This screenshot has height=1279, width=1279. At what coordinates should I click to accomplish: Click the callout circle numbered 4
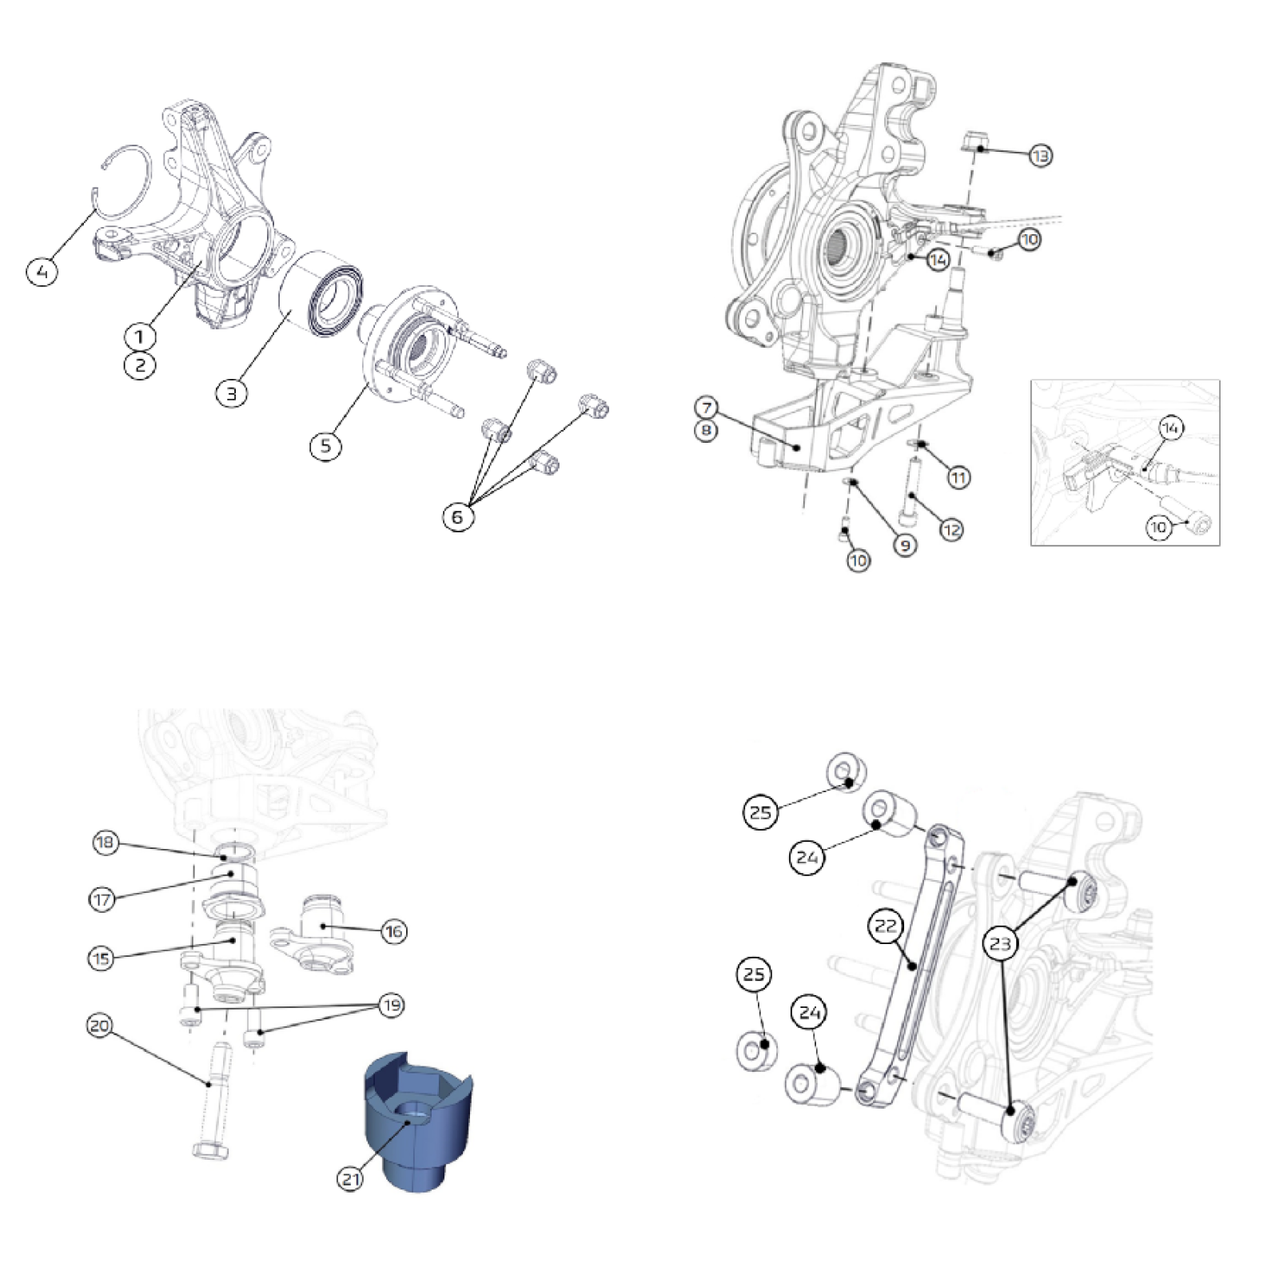(x=42, y=271)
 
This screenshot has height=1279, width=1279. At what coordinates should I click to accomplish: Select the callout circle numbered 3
(x=232, y=392)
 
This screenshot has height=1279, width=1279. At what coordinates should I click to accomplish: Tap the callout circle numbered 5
(x=325, y=445)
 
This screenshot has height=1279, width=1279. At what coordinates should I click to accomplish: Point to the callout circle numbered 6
(x=457, y=516)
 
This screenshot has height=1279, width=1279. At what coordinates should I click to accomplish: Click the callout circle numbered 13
(x=1040, y=155)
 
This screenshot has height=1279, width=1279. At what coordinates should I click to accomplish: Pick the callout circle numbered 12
(x=951, y=529)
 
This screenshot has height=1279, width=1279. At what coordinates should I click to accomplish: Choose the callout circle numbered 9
(x=905, y=545)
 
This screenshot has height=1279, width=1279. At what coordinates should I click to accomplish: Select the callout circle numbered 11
(x=958, y=477)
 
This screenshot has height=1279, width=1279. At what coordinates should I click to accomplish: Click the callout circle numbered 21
(x=350, y=1178)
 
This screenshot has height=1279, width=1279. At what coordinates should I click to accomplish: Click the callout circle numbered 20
(x=100, y=1026)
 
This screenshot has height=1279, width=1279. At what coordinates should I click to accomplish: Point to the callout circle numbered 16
(x=393, y=931)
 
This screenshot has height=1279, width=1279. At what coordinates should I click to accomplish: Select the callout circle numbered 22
(x=886, y=926)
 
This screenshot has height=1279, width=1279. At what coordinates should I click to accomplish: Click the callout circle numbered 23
(x=1000, y=943)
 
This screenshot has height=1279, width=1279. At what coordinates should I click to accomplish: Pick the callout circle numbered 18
(x=106, y=843)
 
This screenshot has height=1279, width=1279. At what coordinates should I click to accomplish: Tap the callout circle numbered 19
(x=391, y=1005)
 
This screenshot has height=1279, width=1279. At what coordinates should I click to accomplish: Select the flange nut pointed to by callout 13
(x=973, y=144)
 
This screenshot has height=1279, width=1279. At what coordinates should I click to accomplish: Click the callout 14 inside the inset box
(x=1170, y=428)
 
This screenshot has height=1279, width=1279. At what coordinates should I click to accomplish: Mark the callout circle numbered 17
(x=102, y=899)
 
